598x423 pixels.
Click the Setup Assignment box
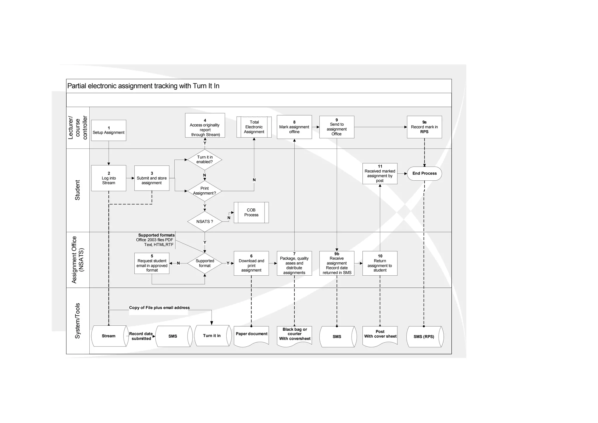pyautogui.click(x=109, y=130)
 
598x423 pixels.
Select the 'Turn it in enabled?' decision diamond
pyautogui.click(x=204, y=160)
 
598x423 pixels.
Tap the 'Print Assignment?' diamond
pyautogui.click(x=204, y=191)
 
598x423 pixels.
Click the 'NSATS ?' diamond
pyautogui.click(x=204, y=222)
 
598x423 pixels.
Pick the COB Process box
pyautogui.click(x=251, y=213)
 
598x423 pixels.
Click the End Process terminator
pyautogui.click(x=424, y=173)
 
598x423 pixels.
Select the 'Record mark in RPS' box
pyautogui.click(x=424, y=127)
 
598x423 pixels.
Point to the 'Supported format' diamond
pyautogui.click(x=204, y=263)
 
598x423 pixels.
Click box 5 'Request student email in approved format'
pyautogui.click(x=152, y=263)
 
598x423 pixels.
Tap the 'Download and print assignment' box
pyautogui.click(x=251, y=263)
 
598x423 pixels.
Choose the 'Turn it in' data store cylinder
pyautogui.click(x=212, y=336)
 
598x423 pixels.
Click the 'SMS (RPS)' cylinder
pyautogui.click(x=424, y=337)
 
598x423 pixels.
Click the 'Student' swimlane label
pyautogui.click(x=77, y=190)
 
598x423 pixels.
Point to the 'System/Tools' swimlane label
pyautogui.click(x=77, y=321)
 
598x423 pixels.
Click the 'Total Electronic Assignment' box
pyautogui.click(x=254, y=127)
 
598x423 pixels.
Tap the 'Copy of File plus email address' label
pyautogui.click(x=159, y=308)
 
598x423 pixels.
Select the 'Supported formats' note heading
pyautogui.click(x=157, y=235)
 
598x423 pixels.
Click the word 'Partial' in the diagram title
pyautogui.click(x=77, y=86)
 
